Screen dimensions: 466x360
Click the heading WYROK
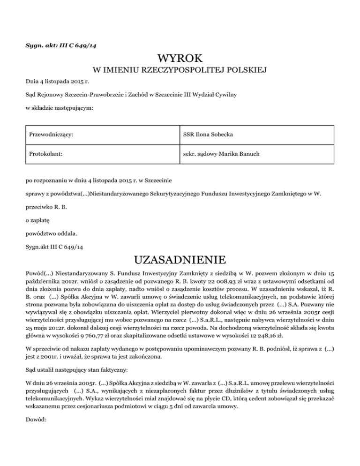coord(180,59)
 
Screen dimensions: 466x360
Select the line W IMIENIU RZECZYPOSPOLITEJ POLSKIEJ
coord(180,71)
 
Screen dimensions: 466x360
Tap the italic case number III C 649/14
coord(76,45)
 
